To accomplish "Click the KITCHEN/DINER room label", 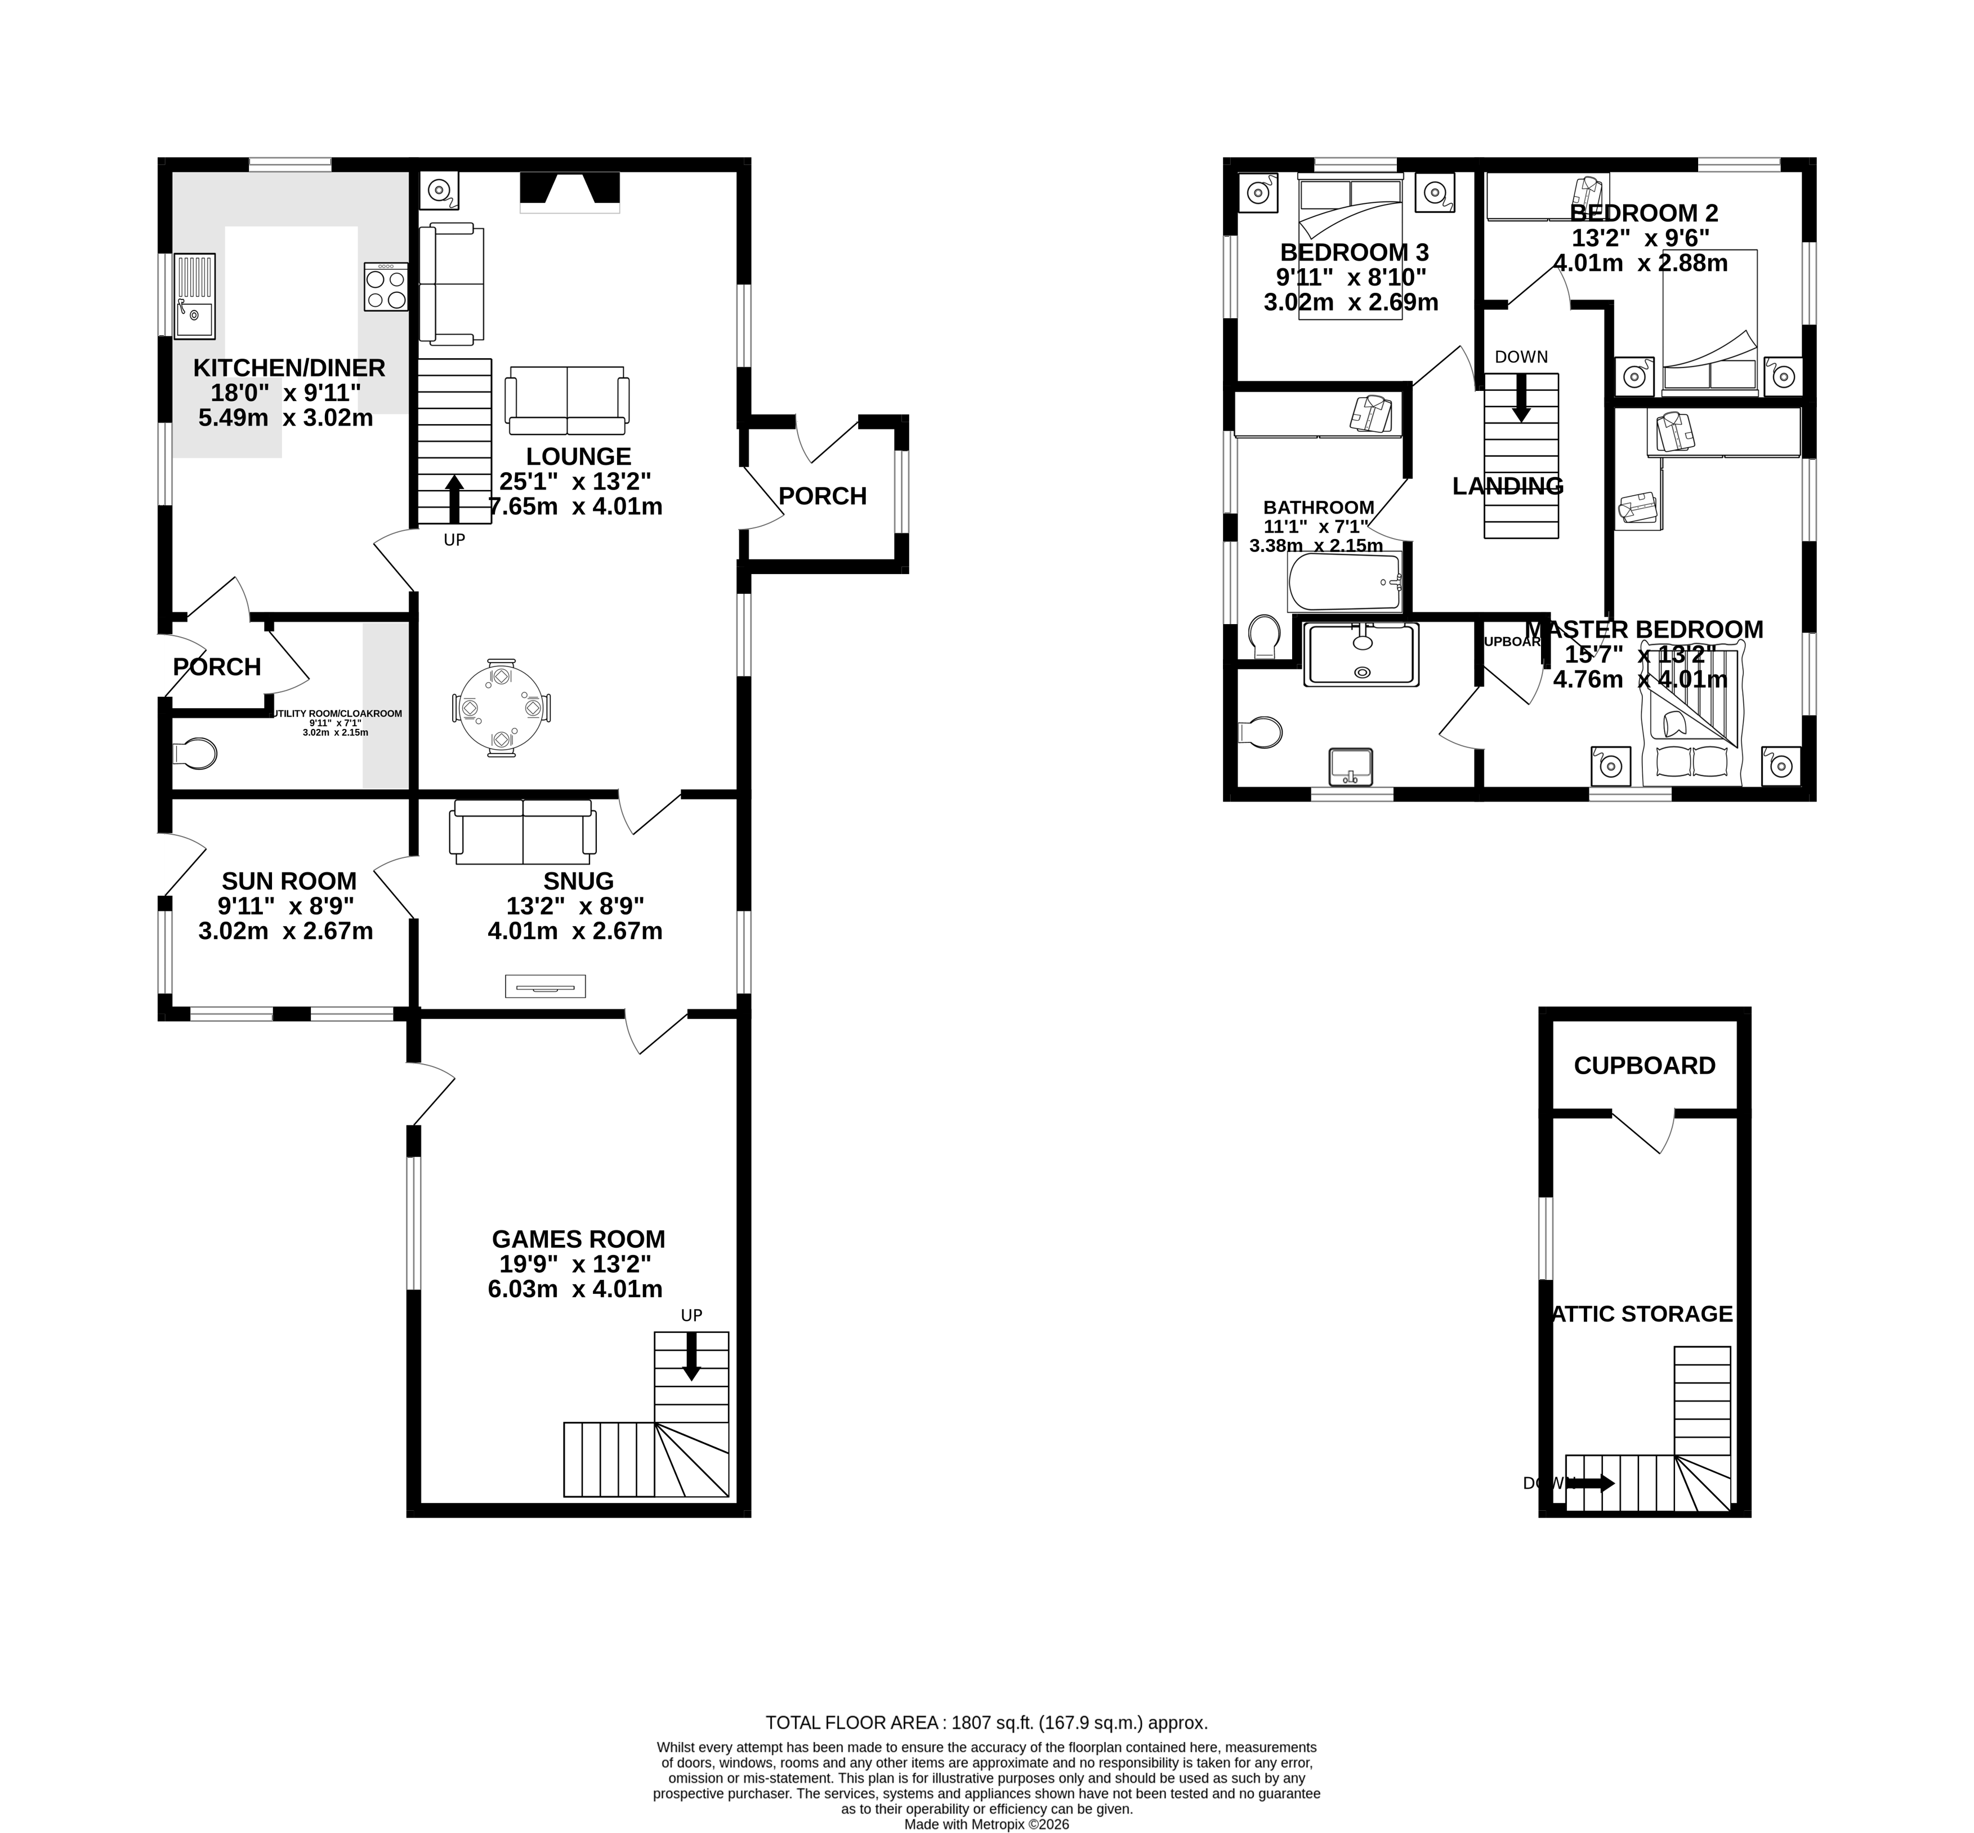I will [288, 368].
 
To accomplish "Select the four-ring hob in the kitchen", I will [386, 288].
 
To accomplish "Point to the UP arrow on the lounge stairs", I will [454, 498].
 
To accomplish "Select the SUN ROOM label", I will [288, 881].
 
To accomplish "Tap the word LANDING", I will [1507, 486].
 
